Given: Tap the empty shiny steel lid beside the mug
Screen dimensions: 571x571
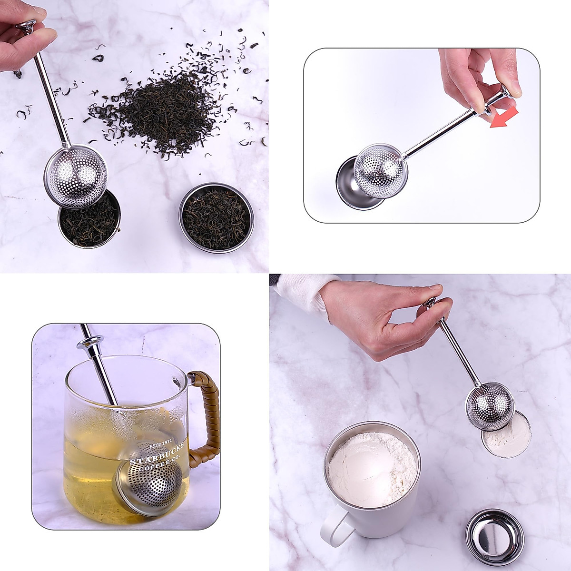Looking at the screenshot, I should coord(494,536).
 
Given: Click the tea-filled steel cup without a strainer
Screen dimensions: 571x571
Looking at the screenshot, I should coord(216,217).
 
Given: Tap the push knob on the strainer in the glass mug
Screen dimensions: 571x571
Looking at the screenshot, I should coord(90,344).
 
